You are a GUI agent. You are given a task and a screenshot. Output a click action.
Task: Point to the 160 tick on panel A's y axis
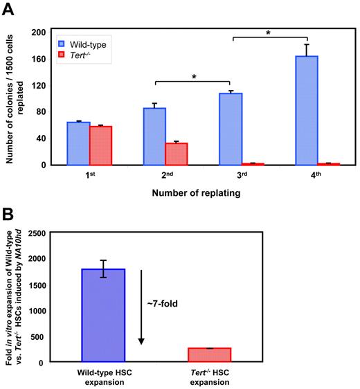(x=37, y=58)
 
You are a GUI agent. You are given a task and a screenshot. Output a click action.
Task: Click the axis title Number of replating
(x=192, y=194)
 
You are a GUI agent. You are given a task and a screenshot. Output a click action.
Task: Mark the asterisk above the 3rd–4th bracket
(x=269, y=32)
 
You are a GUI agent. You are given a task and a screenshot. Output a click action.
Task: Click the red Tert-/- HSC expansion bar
(x=210, y=354)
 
